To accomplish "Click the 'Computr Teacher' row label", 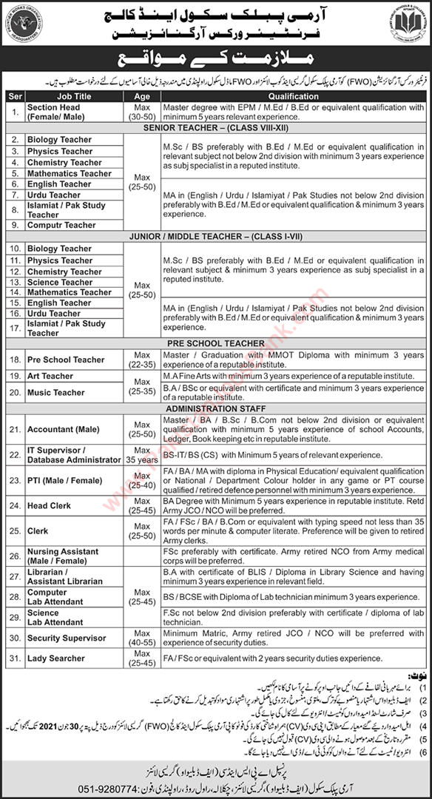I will coord(61,225).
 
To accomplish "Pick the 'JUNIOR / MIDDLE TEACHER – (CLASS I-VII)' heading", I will coord(216,237).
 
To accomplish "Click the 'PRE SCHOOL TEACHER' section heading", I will coord(216,343).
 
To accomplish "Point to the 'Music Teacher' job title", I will coord(56,393).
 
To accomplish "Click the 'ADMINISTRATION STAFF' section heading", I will coord(216,406).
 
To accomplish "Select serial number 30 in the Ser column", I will coord(13,637).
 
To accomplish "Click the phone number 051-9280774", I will coord(69,786).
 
